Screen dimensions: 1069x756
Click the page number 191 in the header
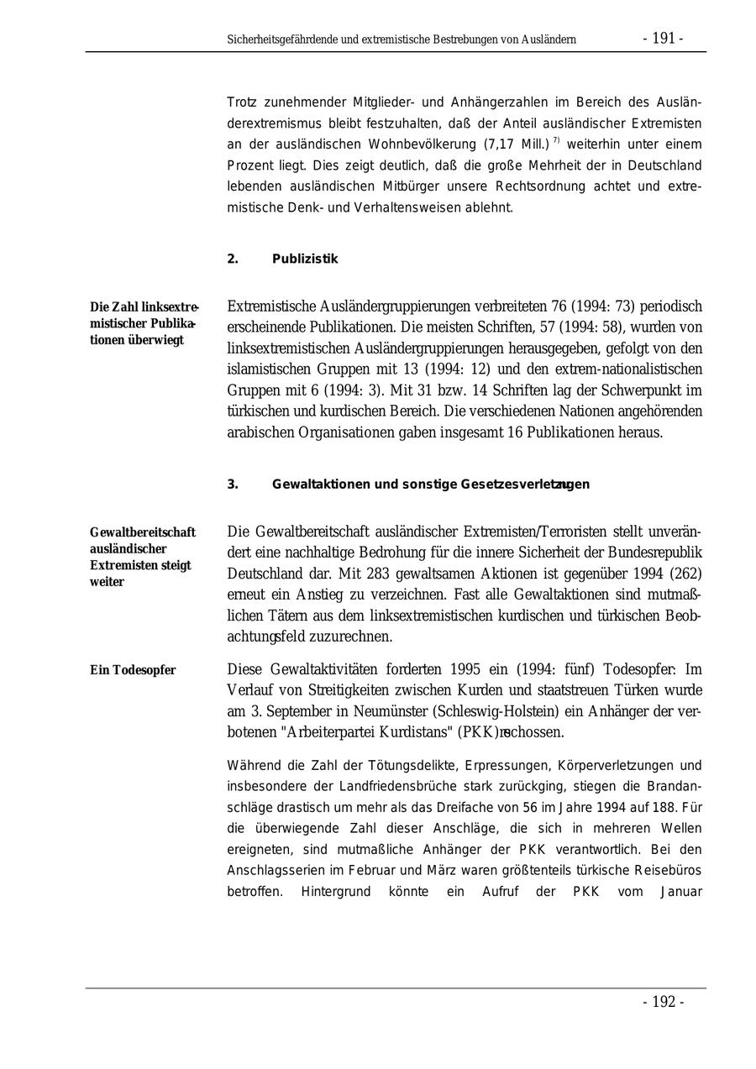point(663,39)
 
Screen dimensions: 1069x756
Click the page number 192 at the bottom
point(663,1002)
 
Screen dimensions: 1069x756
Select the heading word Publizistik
point(305,259)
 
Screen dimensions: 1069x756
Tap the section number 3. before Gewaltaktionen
point(233,485)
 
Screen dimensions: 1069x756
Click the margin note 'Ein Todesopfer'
point(133,670)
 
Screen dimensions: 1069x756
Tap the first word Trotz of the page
point(243,102)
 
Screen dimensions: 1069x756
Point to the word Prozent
point(252,165)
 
